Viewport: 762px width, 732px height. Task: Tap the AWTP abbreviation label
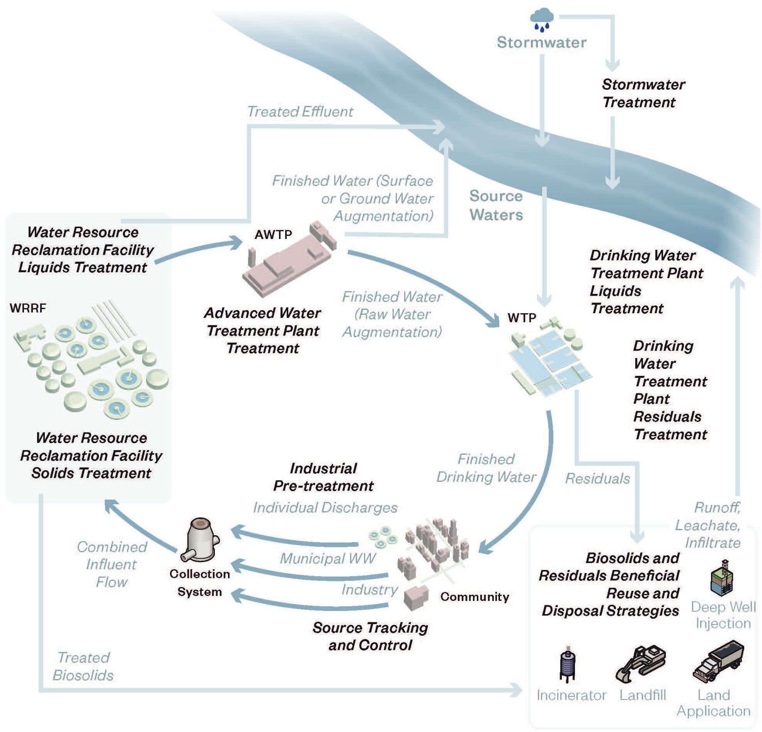(x=273, y=235)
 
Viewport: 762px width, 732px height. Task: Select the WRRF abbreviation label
(x=27, y=308)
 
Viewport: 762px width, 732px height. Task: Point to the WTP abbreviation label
(x=521, y=318)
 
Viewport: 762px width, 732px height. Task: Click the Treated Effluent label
(x=300, y=112)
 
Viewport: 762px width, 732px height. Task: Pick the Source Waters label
(x=496, y=205)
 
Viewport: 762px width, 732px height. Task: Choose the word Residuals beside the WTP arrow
(x=597, y=478)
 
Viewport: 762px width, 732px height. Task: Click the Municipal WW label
(x=327, y=558)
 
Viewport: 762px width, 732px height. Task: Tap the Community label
(x=474, y=597)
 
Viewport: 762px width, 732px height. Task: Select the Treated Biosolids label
(x=83, y=666)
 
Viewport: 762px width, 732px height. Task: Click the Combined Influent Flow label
(x=112, y=564)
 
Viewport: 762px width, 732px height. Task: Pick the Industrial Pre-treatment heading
(x=323, y=477)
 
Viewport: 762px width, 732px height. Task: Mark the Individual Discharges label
(x=325, y=507)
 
